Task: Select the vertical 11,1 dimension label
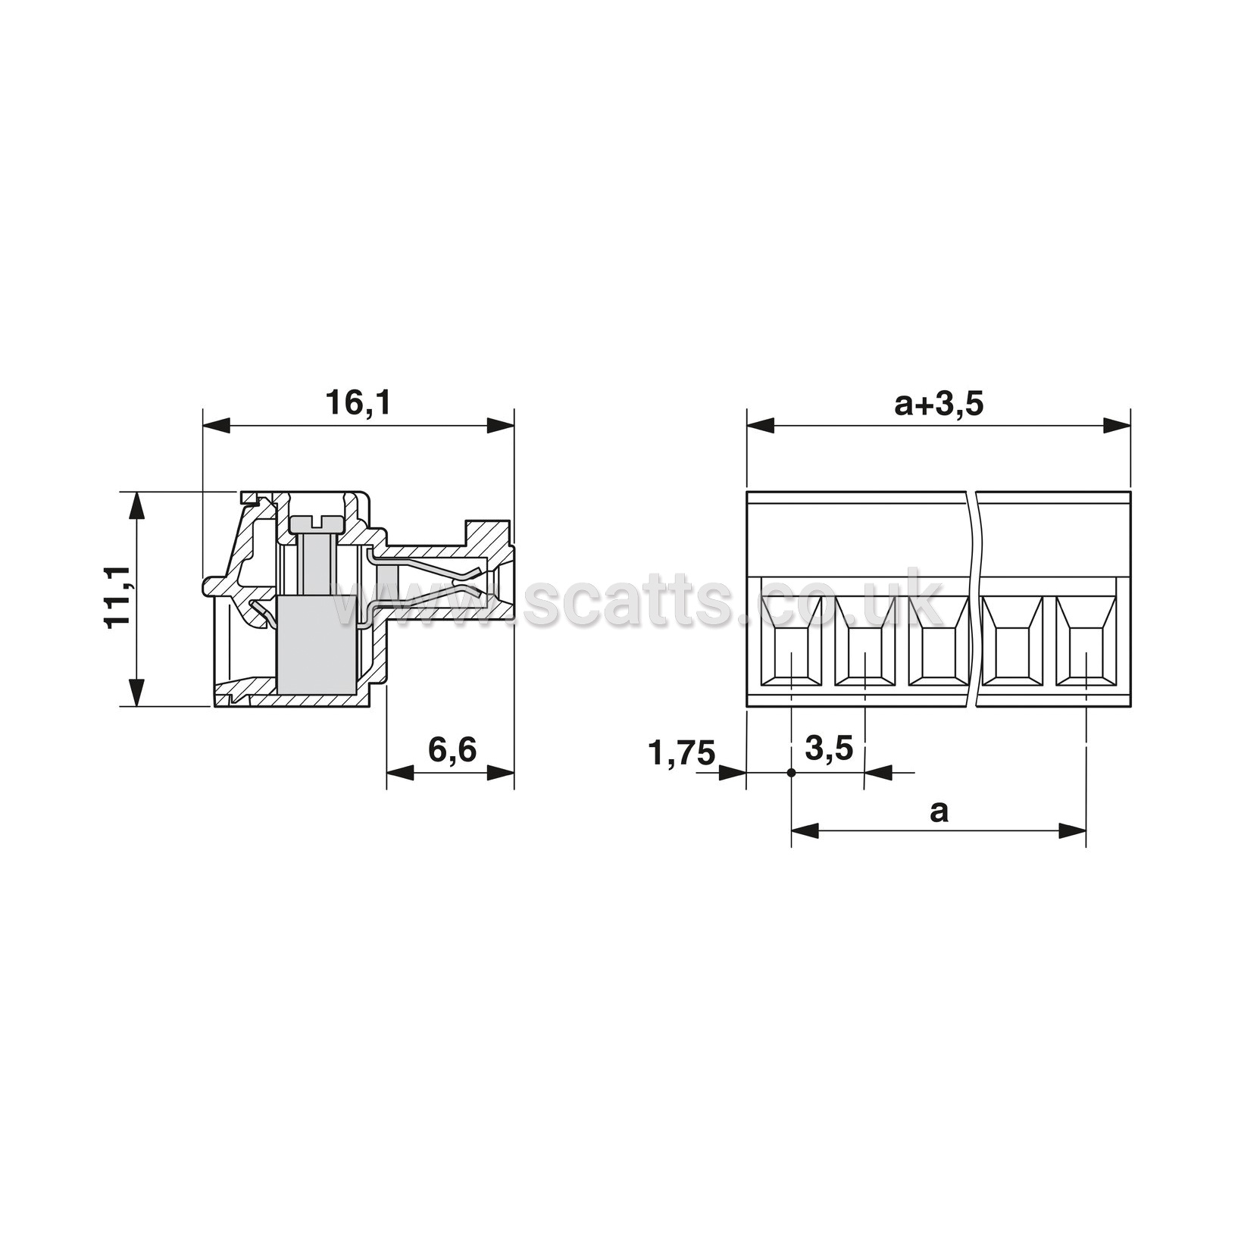pos(118,598)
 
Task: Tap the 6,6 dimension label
pos(452,749)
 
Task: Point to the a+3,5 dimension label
pos(939,404)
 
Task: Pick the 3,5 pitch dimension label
pos(828,749)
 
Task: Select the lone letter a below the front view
pos(939,812)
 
